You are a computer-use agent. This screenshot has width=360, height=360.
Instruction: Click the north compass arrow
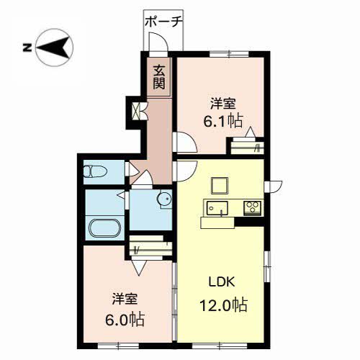pos(55,48)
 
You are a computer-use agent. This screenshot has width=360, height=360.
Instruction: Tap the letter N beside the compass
pos(26,48)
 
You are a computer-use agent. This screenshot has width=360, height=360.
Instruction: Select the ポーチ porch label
pos(163,22)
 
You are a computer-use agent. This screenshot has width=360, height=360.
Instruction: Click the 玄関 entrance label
pos(159,78)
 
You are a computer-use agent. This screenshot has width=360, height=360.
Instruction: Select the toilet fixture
pos(94,172)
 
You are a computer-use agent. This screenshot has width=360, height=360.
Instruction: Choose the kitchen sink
pos(217,208)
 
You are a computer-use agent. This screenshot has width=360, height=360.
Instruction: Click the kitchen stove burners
pos(253,208)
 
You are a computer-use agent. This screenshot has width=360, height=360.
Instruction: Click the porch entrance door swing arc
pos(158,42)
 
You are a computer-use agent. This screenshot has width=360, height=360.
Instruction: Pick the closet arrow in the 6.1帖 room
pos(250,134)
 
